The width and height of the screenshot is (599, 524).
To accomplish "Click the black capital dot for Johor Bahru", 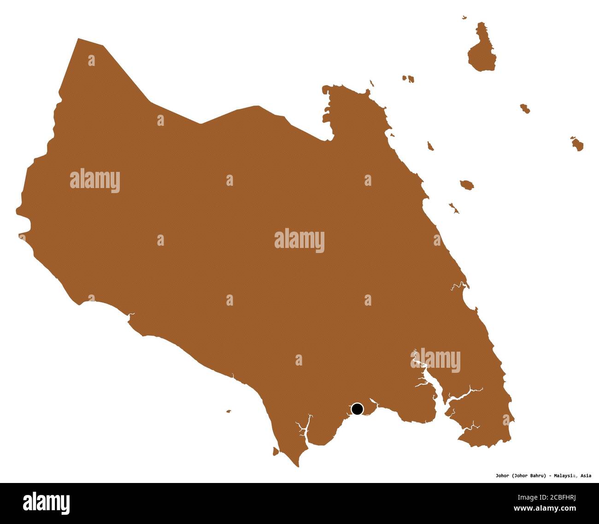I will pyautogui.click(x=357, y=409).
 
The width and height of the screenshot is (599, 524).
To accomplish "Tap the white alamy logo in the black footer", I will pyautogui.click(x=47, y=502).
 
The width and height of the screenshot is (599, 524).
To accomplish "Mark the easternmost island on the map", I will pyautogui.click(x=577, y=144).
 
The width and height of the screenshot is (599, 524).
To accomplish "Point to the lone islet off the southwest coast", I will pyautogui.click(x=228, y=411).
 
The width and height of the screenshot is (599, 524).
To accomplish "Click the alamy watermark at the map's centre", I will pyautogui.click(x=299, y=241).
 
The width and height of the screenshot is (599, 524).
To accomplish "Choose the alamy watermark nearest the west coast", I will pyautogui.click(x=95, y=181).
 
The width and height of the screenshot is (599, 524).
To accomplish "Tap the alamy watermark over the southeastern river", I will pyautogui.click(x=435, y=361).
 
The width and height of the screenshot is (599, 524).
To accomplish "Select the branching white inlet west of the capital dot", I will pyautogui.click(x=303, y=429).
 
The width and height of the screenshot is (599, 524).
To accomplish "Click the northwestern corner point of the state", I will pyautogui.click(x=78, y=39).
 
